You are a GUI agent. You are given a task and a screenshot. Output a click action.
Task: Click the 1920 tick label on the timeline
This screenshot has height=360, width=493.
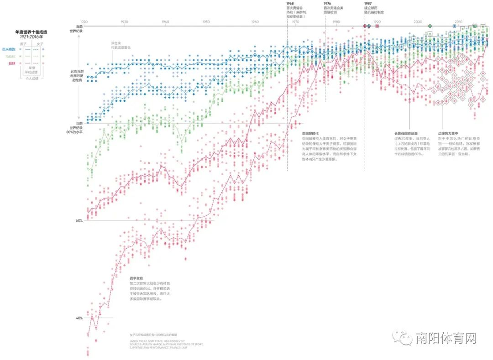(84, 22)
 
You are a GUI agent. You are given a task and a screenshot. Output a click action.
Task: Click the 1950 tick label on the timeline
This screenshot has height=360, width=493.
(206, 22)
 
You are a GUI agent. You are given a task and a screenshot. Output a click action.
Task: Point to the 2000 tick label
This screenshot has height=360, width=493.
(418, 22)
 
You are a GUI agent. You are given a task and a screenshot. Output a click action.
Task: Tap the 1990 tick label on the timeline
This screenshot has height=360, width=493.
(377, 22)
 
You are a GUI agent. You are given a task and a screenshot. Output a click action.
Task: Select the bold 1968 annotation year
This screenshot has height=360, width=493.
(290, 3)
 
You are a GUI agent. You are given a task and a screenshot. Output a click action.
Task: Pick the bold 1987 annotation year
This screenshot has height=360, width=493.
(368, 3)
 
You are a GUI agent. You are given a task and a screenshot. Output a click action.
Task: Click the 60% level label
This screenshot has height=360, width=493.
(79, 221)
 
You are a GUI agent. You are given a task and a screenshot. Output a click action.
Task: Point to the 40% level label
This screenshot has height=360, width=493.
(79, 318)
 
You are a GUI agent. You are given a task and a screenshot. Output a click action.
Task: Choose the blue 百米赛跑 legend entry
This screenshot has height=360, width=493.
(9, 49)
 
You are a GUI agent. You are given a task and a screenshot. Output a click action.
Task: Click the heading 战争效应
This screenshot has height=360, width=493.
(136, 278)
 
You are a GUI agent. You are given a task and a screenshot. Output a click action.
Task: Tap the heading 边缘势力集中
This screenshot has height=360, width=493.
(448, 132)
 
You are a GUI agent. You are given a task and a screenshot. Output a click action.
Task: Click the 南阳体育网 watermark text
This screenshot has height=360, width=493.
(446, 338)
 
